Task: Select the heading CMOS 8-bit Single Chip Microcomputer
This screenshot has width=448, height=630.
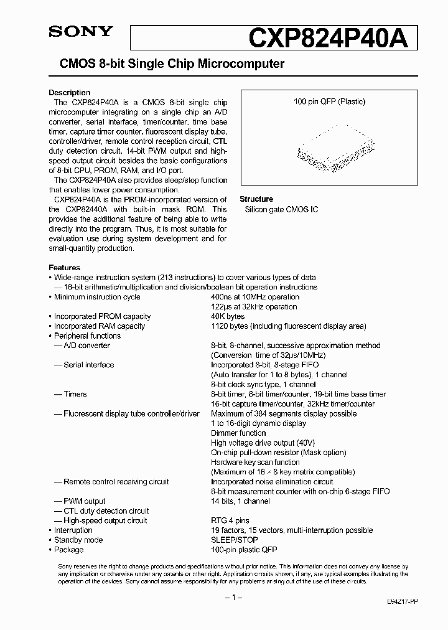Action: click(x=171, y=63)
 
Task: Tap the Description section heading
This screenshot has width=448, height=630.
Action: click(x=69, y=93)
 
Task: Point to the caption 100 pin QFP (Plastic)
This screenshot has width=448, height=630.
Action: click(x=329, y=101)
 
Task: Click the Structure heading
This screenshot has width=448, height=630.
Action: click(x=256, y=199)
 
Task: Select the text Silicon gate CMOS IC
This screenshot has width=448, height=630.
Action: click(x=281, y=209)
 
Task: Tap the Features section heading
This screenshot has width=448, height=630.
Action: click(x=64, y=268)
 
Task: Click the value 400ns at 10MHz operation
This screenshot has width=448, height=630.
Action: click(x=254, y=297)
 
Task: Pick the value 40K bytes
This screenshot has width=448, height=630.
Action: click(x=228, y=316)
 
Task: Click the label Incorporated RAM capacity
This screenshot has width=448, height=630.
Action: click(x=99, y=326)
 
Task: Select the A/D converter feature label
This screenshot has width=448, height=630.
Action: click(x=86, y=346)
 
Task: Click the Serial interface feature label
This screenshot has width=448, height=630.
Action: click(x=88, y=365)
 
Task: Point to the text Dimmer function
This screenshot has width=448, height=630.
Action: click(x=238, y=433)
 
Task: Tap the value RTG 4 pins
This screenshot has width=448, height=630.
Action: click(x=230, y=520)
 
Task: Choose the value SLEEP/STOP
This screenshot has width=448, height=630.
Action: click(x=235, y=540)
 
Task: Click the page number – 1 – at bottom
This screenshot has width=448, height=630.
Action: click(x=231, y=597)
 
